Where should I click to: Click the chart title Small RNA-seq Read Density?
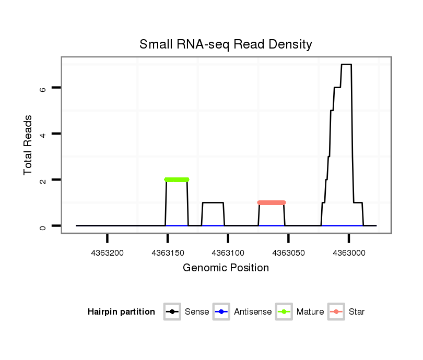coord(226,44)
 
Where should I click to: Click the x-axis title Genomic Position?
coord(226,268)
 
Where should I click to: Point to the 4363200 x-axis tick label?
coord(107,253)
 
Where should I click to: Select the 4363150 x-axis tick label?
coord(168,253)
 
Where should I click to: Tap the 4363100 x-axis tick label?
coord(228,253)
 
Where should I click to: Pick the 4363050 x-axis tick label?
coord(289,253)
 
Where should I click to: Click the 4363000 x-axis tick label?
coord(349,253)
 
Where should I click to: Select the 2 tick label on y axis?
coord(43,179)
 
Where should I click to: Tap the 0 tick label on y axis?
coord(43,225)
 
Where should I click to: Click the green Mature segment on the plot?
coord(177,179)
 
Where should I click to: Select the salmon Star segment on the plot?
coord(272,202)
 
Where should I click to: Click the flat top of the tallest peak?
coord(346,65)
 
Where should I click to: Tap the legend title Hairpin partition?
coord(121,312)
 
